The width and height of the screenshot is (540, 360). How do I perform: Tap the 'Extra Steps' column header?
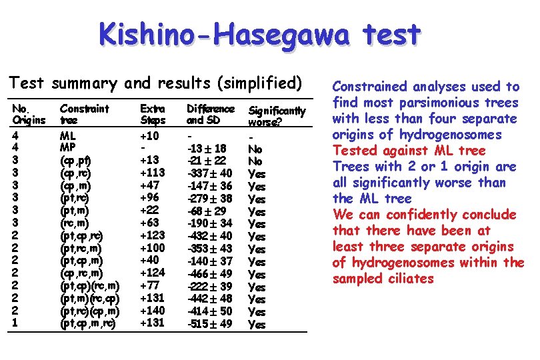(x=153, y=114)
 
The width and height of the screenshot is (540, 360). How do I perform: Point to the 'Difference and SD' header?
(x=210, y=114)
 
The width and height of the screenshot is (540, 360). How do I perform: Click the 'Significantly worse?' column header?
(x=277, y=116)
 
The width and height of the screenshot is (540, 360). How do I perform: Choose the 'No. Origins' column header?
(x=28, y=114)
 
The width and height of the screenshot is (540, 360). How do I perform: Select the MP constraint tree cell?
(x=67, y=149)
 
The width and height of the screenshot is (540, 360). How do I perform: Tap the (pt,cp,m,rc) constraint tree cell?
(x=87, y=324)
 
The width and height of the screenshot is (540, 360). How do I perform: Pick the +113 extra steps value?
(x=153, y=173)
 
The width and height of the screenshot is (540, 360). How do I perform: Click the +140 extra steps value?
(x=153, y=311)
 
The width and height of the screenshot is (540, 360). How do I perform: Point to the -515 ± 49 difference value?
(x=210, y=324)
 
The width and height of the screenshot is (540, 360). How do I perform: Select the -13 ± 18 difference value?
(x=209, y=149)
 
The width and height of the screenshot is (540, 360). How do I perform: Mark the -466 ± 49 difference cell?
(x=210, y=274)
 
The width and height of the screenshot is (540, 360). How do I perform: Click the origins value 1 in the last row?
(x=16, y=324)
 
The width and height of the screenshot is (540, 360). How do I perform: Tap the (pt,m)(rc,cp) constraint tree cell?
(x=89, y=299)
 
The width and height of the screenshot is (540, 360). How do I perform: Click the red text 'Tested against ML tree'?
(x=409, y=151)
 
